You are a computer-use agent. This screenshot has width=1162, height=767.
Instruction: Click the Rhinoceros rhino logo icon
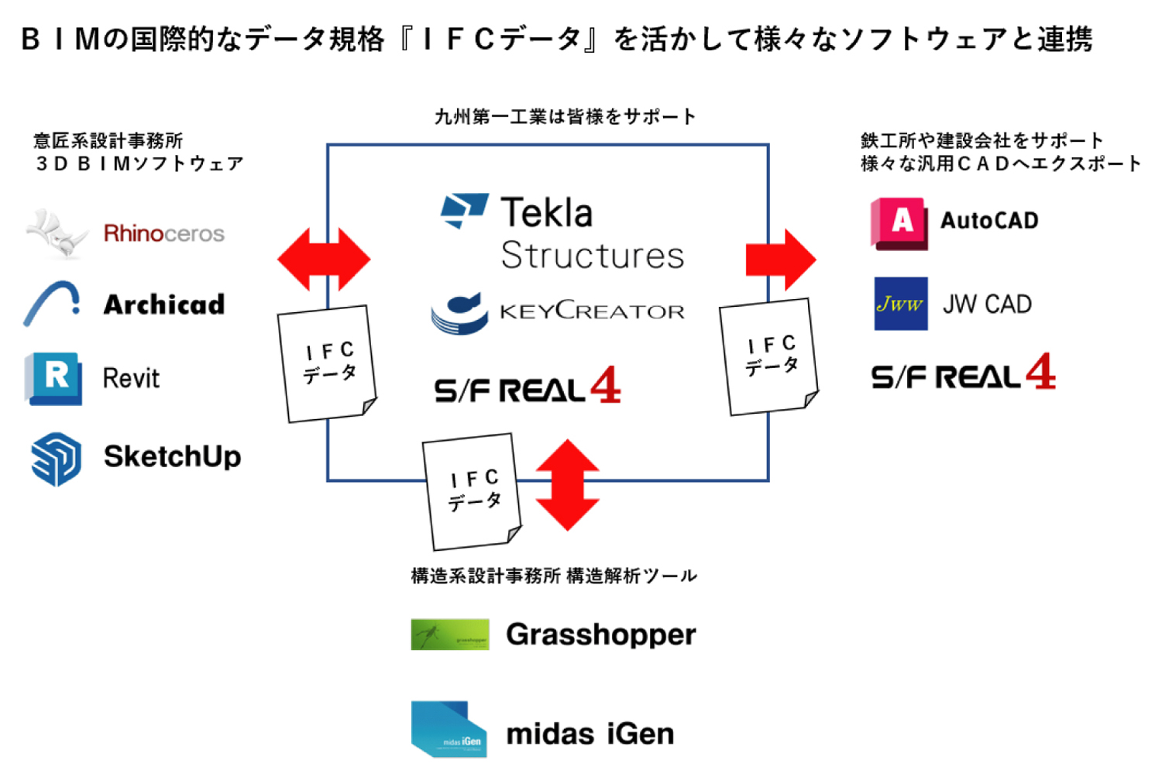point(56,232)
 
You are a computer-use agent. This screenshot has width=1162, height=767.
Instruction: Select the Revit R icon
point(53,378)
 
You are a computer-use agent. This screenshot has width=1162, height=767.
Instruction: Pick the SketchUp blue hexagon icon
point(56,459)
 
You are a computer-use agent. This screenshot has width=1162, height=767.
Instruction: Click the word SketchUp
point(172,456)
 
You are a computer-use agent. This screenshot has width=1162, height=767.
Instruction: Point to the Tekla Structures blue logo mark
point(464,210)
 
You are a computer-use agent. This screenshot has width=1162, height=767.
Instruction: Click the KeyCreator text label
point(592,311)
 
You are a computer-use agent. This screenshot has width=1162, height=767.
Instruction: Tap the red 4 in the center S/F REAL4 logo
point(605,385)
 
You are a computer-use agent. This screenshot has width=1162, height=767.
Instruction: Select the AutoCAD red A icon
point(899,223)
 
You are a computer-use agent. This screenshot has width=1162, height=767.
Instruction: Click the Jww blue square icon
point(900,304)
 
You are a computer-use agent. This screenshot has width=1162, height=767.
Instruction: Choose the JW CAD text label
point(987,304)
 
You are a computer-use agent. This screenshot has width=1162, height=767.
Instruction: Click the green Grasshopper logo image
point(450,635)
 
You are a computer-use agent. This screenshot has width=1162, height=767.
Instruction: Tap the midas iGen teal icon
point(449,730)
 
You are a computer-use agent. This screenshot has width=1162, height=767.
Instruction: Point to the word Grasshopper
point(600,635)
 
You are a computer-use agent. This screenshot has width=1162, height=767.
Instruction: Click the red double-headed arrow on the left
point(324,259)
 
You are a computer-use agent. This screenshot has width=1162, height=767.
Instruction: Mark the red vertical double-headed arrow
point(568,485)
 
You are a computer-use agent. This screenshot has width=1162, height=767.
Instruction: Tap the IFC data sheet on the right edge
point(769,357)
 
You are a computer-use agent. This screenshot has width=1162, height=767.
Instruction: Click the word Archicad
point(164,304)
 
